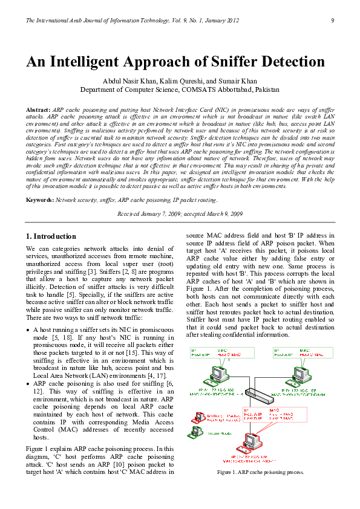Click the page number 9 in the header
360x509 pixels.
[x=333, y=21]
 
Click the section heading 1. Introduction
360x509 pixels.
[x=51, y=236]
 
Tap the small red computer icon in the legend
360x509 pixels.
[x=197, y=417]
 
